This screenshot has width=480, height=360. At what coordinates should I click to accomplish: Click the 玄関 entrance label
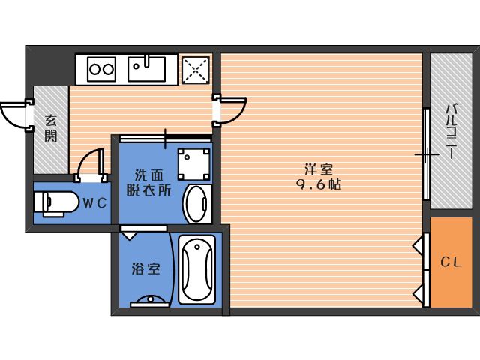click(51, 128)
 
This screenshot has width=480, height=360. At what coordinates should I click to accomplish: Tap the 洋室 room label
click(318, 169)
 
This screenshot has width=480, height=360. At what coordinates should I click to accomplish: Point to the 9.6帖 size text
click(318, 184)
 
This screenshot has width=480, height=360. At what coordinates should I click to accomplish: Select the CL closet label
click(451, 262)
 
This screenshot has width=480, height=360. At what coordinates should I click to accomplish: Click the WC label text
click(95, 202)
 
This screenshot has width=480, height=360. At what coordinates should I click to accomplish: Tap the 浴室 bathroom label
click(145, 268)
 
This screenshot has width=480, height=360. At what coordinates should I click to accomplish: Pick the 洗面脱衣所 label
click(148, 183)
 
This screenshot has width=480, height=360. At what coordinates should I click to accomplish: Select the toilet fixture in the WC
click(55, 203)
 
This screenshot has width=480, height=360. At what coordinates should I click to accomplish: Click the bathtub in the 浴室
click(196, 269)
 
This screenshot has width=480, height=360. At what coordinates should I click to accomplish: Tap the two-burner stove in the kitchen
click(101, 70)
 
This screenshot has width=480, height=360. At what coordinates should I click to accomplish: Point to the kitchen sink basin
click(147, 68)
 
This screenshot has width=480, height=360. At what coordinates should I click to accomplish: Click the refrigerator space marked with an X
click(196, 70)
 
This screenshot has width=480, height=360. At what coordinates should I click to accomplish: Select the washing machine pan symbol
click(194, 164)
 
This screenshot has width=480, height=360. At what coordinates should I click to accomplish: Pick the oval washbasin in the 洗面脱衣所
click(197, 203)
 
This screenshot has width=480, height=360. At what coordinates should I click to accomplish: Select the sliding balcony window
click(427, 154)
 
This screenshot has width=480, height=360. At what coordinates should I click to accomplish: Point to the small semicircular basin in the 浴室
click(150, 300)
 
